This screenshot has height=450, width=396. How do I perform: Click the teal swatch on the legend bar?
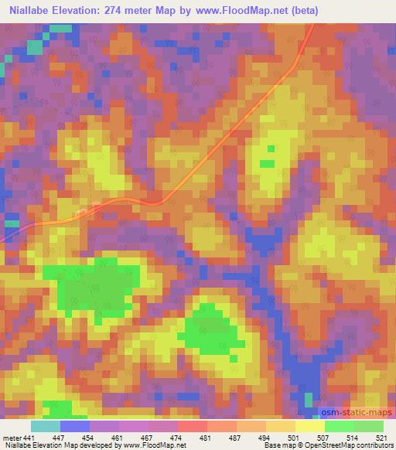[45, 427]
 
